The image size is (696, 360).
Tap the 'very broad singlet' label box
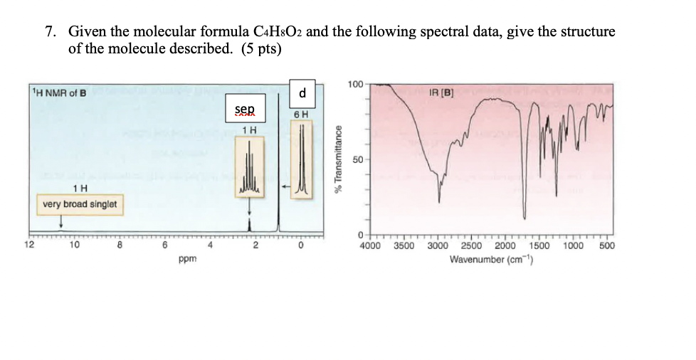tap(79, 204)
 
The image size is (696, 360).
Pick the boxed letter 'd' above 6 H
tap(302, 92)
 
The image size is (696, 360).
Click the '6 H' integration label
tap(302, 114)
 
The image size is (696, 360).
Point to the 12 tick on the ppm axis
tap(28, 247)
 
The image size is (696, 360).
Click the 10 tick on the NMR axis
tap(74, 247)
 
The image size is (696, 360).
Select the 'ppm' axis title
tap(188, 260)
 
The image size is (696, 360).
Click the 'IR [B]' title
tap(443, 92)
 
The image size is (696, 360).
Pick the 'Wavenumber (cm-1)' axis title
tap(492, 259)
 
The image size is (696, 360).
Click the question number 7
tap(51, 32)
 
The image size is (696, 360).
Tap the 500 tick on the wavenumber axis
tap(606, 247)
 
